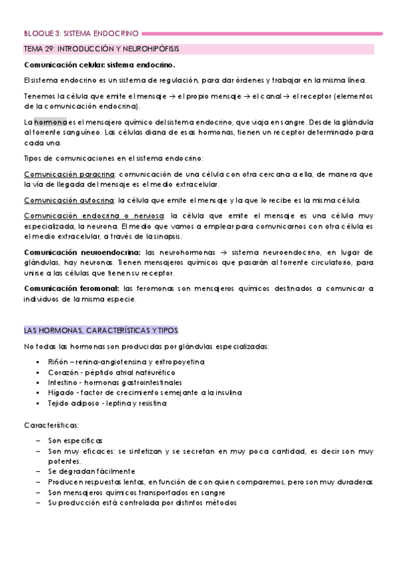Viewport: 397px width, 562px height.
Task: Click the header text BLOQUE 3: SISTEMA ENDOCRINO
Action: (x=81, y=32)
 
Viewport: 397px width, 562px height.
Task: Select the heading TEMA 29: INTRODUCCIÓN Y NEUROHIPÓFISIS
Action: (x=101, y=49)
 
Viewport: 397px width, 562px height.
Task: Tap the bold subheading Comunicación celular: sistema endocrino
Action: (x=99, y=65)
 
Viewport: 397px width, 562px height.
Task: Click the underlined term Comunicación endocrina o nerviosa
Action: (x=93, y=216)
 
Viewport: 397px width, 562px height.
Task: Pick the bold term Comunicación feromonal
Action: (x=72, y=288)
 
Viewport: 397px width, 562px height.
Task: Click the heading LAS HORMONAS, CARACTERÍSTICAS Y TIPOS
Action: (x=101, y=331)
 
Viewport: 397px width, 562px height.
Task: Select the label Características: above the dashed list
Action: (x=52, y=424)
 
